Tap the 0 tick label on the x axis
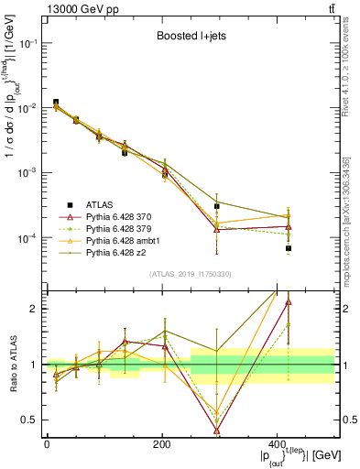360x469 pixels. (47, 445)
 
